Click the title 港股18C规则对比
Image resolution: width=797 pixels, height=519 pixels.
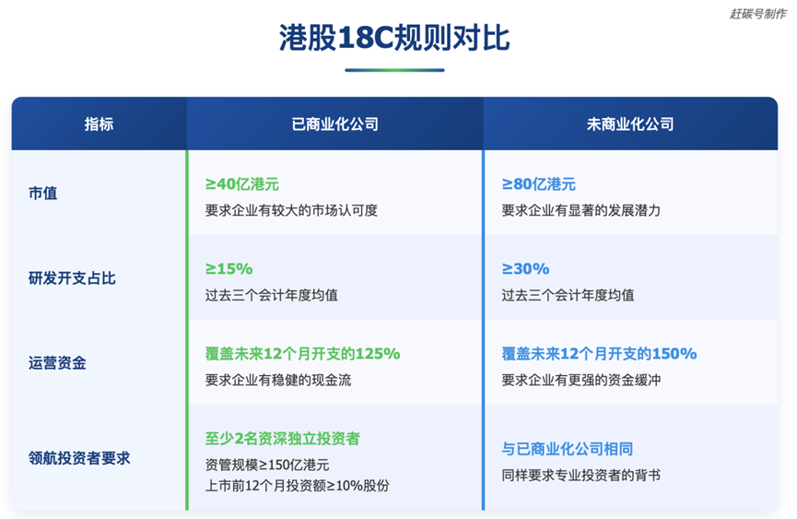(394, 38)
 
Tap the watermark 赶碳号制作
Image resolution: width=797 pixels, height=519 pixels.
(758, 14)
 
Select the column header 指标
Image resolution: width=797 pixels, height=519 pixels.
(100, 124)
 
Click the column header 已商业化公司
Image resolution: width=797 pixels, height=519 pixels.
(335, 124)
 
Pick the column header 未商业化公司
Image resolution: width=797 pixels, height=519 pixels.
(630, 124)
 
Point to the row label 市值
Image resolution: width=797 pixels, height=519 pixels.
(42, 194)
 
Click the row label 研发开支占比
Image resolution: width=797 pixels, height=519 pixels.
(72, 278)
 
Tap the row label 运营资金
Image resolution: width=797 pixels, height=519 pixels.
(57, 363)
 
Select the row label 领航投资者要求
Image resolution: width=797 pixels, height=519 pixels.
(79, 458)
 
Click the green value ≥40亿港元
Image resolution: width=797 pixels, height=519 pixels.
(242, 184)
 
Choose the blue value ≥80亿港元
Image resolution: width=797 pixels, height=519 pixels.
(538, 184)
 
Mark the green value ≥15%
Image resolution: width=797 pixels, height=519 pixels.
(229, 268)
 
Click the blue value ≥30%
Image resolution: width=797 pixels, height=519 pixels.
(525, 268)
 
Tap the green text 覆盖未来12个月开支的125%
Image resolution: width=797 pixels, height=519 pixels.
(302, 353)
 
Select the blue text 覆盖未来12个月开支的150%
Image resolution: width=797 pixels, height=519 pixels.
(599, 353)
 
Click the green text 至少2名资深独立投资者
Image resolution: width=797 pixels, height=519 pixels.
(283, 438)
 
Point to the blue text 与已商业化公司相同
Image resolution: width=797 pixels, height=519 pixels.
(568, 449)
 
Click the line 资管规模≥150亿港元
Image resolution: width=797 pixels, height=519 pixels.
(267, 465)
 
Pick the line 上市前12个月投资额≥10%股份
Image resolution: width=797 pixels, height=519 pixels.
(298, 486)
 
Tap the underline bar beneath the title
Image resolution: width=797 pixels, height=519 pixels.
(394, 70)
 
